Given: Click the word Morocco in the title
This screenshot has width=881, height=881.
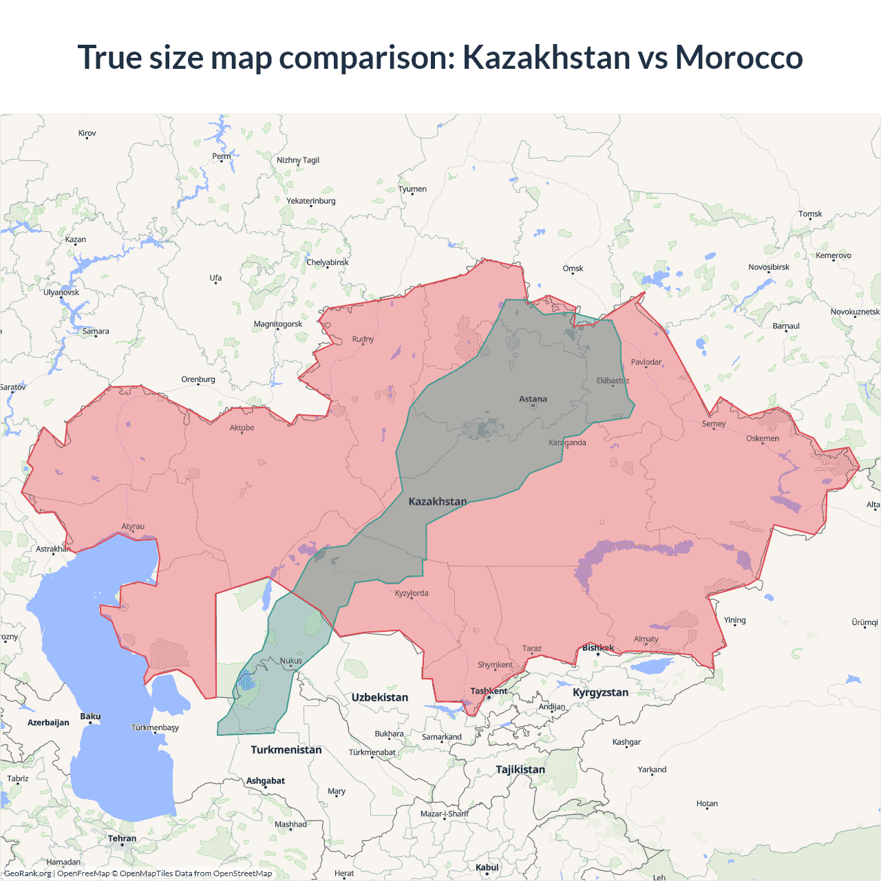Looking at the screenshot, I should (739, 57).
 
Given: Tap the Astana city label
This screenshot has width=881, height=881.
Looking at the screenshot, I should (533, 399).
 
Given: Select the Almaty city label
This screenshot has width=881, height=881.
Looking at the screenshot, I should (646, 639).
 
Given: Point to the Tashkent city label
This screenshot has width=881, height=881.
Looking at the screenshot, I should (489, 691).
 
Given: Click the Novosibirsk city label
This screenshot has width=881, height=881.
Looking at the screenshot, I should (769, 267).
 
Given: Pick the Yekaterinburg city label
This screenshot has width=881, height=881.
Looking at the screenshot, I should (311, 201).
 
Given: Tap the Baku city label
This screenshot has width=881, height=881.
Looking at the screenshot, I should (90, 717).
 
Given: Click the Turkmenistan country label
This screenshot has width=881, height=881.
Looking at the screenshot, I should (286, 750).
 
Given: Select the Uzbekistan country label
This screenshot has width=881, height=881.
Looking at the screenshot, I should (380, 697).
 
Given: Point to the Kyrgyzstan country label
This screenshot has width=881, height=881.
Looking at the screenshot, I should (600, 692).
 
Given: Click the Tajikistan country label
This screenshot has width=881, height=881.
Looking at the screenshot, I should (520, 769).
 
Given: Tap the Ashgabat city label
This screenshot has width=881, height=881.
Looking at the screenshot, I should (266, 781).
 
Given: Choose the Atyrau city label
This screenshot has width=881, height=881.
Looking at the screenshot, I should (133, 527).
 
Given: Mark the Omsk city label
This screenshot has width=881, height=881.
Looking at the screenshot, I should (573, 268).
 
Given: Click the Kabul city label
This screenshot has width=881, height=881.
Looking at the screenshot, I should (487, 867).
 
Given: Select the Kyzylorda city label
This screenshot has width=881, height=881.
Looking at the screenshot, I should (412, 593).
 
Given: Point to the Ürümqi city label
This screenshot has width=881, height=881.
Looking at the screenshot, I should (864, 622).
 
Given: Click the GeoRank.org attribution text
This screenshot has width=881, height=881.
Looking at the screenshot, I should (28, 873).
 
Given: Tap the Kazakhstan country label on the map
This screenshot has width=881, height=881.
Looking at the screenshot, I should (438, 501).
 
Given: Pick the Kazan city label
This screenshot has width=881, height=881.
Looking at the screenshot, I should (76, 240).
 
